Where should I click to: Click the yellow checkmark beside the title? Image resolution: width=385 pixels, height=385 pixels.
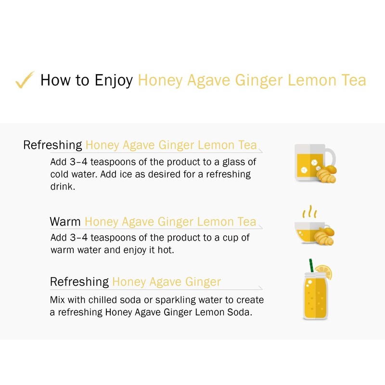tap(25, 79)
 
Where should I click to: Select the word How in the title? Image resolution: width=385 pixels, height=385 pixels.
tap(52, 80)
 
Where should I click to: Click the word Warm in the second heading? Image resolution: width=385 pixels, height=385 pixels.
tap(65, 222)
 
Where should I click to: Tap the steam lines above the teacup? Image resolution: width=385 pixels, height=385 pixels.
tap(309, 212)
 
